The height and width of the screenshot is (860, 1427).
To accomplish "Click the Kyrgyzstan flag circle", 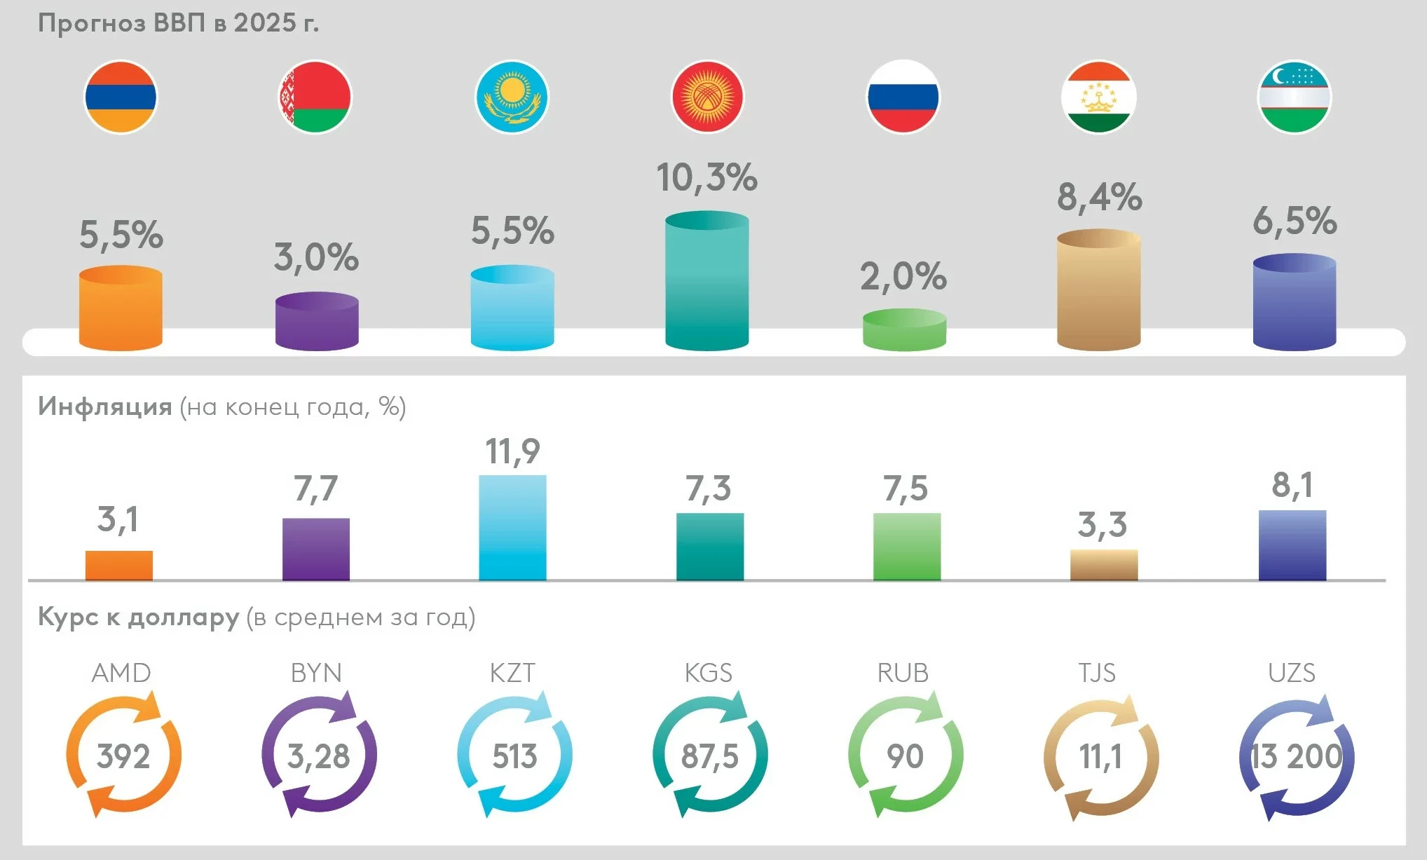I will pos(707,97).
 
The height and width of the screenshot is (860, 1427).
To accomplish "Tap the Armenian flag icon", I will pos(121,97).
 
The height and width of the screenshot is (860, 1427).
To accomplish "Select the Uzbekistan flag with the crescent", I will pos(1294,97).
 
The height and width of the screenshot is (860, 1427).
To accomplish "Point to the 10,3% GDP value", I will pos(706,177).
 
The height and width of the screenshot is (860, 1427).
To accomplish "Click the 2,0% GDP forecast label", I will pos(903,277).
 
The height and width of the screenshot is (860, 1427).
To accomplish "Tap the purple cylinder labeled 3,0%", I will pos(317,322).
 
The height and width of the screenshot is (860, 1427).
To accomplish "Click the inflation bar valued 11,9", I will pos(512,528).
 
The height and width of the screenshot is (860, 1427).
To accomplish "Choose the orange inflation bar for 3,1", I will pos(119,565).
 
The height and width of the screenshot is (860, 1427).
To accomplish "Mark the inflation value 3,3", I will pos(1102,525).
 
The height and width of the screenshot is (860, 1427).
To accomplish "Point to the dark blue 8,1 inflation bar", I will pos(1292,545).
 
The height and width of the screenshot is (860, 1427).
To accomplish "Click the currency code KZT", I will pos(512,673).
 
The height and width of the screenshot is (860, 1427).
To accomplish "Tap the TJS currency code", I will pos(1097,673).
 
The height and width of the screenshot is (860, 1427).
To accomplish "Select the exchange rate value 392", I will pos(123,756).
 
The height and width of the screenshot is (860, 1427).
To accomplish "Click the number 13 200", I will pos(1296,756).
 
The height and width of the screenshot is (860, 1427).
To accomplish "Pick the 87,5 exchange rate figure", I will pos(709,756).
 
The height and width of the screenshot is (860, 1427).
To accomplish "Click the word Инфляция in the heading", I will pos(105,407).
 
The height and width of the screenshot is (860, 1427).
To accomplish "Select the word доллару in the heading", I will pos(184,617).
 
